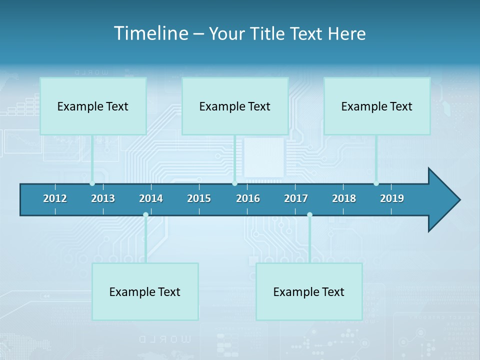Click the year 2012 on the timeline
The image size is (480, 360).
(x=55, y=198)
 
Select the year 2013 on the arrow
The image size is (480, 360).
(x=103, y=198)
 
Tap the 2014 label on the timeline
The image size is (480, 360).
(x=151, y=198)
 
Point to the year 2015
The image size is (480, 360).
(x=199, y=198)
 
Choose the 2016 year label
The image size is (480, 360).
(x=248, y=198)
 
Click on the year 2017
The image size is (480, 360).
(x=296, y=198)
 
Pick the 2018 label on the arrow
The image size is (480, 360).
(x=344, y=198)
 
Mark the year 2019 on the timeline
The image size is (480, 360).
(x=392, y=198)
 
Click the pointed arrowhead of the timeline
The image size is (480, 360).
(x=445, y=200)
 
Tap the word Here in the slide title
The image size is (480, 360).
(x=346, y=33)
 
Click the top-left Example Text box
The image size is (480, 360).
(x=93, y=106)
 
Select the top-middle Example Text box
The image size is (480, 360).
(x=235, y=106)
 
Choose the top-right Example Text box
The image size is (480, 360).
(x=377, y=106)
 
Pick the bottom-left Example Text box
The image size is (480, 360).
(x=145, y=291)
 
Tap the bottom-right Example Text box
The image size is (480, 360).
(x=309, y=291)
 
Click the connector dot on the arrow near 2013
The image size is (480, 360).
(x=92, y=183)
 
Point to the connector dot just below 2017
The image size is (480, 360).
(x=309, y=215)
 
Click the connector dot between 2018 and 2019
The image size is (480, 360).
(x=376, y=183)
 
